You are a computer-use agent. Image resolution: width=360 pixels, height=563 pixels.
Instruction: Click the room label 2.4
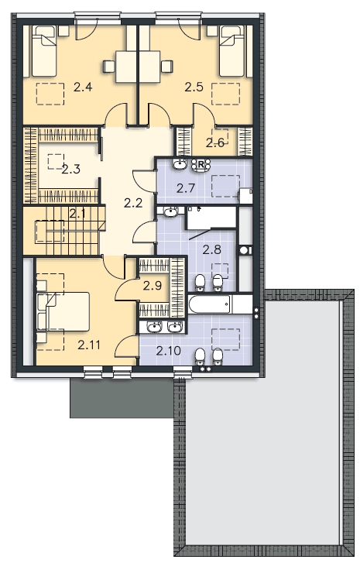click(83, 88)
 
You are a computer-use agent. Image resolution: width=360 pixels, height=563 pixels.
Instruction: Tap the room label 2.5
click(194, 88)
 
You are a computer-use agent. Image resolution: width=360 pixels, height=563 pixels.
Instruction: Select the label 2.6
click(215, 143)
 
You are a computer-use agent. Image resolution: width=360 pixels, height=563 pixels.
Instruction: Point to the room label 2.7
click(186, 188)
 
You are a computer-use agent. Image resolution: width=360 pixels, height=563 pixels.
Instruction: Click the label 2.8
click(212, 249)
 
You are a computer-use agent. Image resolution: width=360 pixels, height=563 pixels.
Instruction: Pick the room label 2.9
click(153, 287)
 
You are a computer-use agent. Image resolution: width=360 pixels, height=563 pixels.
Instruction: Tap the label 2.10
click(168, 351)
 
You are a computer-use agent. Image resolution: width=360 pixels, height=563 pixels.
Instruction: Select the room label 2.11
click(89, 345)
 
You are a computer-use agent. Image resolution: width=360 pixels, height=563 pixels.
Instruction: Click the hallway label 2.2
click(133, 204)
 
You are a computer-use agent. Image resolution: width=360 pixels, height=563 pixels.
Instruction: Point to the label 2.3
click(70, 169)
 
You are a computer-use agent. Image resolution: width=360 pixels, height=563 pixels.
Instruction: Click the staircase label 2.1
click(77, 215)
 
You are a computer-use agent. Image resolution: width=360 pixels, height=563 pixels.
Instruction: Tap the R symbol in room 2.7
click(201, 164)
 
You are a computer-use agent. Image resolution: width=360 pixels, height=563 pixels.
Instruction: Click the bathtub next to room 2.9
click(210, 304)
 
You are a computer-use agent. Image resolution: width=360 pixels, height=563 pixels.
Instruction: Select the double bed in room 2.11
click(63, 311)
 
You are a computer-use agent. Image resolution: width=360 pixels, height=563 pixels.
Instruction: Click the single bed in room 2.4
click(44, 50)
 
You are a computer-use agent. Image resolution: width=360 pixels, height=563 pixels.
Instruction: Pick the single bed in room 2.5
click(232, 50)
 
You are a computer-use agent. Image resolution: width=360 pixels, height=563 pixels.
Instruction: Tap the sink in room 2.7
click(180, 164)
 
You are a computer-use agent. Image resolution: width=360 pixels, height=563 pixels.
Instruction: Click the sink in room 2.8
click(170, 212)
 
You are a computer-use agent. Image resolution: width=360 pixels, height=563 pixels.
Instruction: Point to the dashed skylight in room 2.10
click(225, 339)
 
